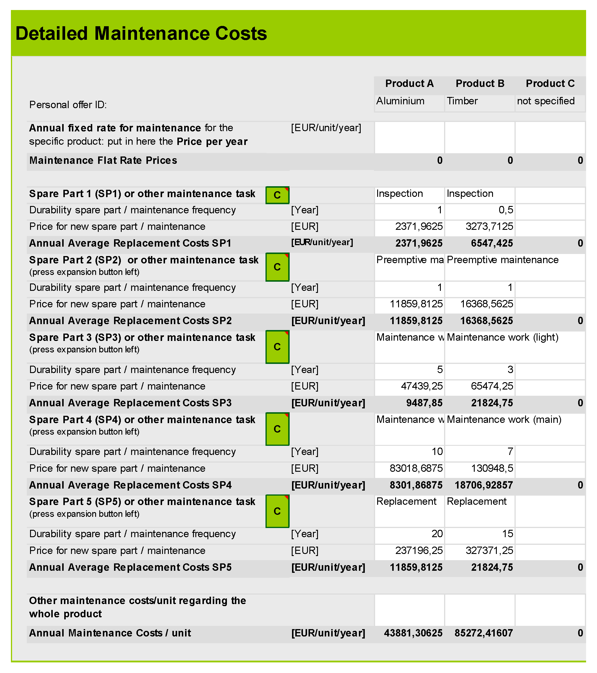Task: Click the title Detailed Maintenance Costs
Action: [x=141, y=34]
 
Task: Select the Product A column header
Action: [x=409, y=84]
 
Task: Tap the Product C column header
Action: [x=550, y=84]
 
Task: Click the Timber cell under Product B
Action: [x=462, y=101]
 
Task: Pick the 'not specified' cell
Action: [x=546, y=101]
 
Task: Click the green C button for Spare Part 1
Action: [x=277, y=195]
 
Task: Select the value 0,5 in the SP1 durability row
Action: [x=506, y=210]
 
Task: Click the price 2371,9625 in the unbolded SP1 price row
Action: [x=419, y=227]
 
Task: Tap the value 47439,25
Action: [x=421, y=386]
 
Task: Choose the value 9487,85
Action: [x=424, y=403]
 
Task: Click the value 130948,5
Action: [x=492, y=469]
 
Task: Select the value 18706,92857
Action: [x=484, y=485]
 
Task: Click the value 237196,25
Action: [x=419, y=551]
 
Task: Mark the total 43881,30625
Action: [x=413, y=633]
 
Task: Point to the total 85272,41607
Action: [x=484, y=633]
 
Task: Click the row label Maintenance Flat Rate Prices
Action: [x=103, y=161]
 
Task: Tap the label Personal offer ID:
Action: [x=68, y=105]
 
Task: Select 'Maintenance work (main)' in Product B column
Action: [x=504, y=420]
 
